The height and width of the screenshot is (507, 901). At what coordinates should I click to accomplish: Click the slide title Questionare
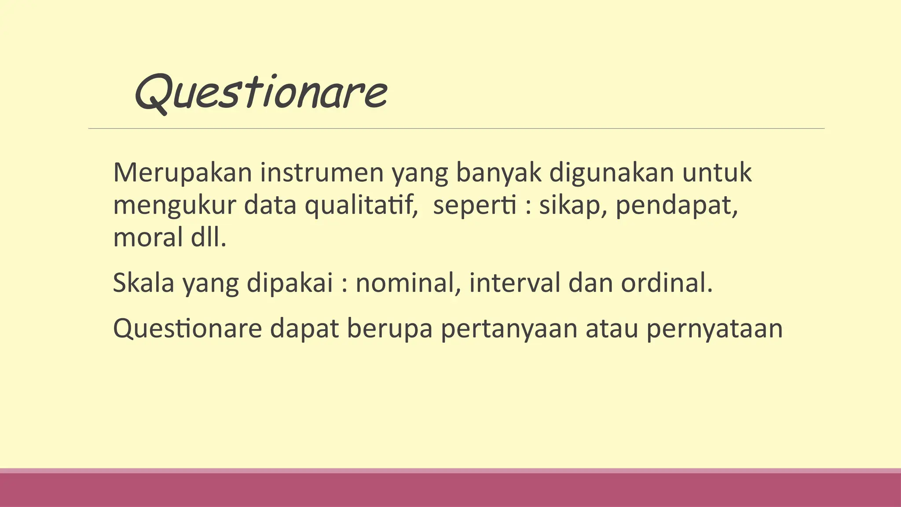[260, 92]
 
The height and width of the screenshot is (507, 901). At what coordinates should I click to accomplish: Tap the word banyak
[498, 173]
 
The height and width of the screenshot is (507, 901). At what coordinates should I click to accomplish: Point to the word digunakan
[611, 173]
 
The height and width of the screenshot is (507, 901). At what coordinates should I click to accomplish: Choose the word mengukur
[175, 205]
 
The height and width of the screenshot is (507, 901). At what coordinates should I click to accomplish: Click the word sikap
[570, 205]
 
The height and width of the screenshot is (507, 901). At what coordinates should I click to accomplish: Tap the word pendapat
[676, 205]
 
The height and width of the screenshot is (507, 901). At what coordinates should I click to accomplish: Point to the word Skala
[144, 283]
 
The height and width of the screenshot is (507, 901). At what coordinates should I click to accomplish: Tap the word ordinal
[666, 283]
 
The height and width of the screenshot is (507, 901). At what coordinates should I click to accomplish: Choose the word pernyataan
[714, 329]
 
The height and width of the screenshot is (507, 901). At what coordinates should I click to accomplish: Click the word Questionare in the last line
[187, 329]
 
